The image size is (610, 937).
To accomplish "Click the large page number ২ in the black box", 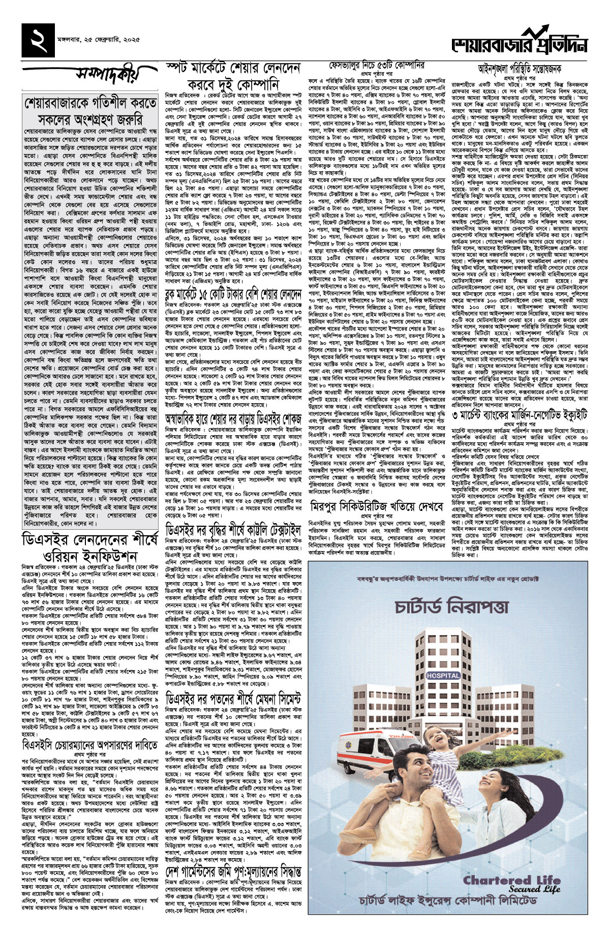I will tap(38, 40).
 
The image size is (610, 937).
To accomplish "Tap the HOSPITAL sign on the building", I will tap(443, 675).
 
